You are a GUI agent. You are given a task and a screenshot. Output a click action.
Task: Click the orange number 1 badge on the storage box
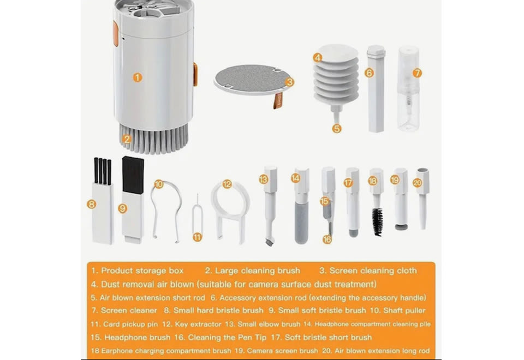[x=138, y=77]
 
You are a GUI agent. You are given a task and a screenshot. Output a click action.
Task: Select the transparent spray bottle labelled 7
[x=408, y=88]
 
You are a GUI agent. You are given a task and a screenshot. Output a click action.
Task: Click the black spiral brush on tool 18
[x=378, y=221]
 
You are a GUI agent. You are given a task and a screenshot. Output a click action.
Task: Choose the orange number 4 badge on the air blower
[x=318, y=58]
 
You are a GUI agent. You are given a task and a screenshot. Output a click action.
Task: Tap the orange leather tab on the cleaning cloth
[x=278, y=100]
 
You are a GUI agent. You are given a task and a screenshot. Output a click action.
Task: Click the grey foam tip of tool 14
[x=301, y=224]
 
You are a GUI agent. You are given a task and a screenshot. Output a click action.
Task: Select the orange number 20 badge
[x=417, y=183]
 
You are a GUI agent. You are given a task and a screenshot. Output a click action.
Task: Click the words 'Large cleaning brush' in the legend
[x=257, y=271]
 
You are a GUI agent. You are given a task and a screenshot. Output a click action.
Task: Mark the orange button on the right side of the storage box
[x=195, y=74]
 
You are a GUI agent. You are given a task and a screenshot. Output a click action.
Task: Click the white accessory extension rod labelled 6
[x=376, y=88]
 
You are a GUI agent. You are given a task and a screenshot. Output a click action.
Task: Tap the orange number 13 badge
[x=263, y=179]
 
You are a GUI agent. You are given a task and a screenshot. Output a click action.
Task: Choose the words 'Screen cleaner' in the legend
[x=129, y=310]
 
